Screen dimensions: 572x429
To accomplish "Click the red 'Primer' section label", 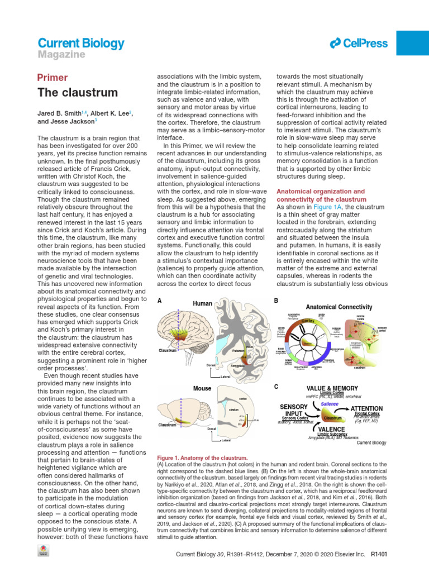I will click(53, 78).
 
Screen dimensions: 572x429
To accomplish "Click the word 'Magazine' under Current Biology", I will click(61, 55).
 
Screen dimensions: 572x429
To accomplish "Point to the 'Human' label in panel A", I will click(202, 303).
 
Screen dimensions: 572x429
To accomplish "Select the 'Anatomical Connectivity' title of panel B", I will click(339, 307).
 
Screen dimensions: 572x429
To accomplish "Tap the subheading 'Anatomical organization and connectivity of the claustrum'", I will click(321, 195).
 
